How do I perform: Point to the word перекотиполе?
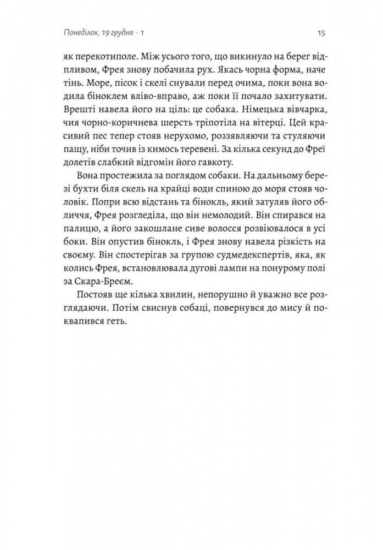tap(102, 56)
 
